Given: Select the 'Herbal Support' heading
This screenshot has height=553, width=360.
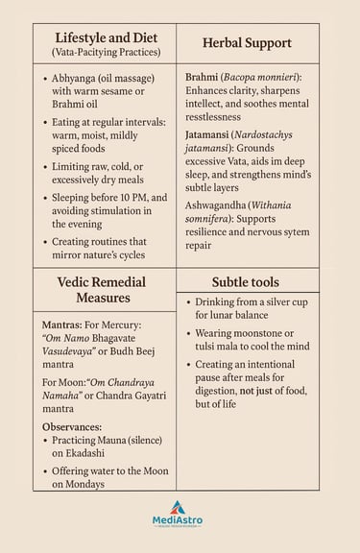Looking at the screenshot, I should (247, 43).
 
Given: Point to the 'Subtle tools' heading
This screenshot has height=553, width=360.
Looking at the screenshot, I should (247, 281).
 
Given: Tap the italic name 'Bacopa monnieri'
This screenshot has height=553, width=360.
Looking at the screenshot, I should (273, 75).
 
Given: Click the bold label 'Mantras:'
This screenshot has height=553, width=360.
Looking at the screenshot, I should (63, 325).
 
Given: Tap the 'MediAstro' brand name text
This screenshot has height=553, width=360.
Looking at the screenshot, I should (178, 520).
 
